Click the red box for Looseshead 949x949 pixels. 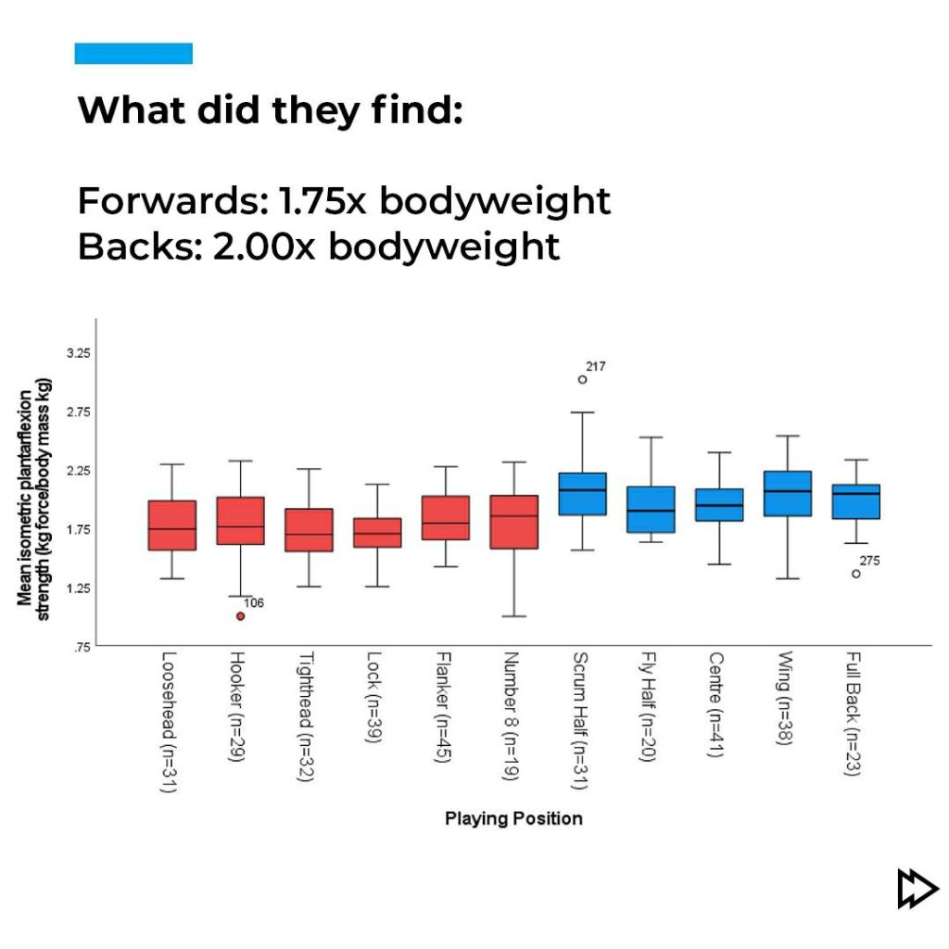(171, 525)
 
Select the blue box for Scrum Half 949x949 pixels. (582, 494)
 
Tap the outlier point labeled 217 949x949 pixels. (582, 379)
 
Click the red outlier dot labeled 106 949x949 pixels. (241, 616)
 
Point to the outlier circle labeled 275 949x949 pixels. (856, 574)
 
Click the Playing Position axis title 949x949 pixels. (513, 818)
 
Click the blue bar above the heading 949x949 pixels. (133, 54)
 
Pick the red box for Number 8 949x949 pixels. (513, 522)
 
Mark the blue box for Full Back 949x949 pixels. (856, 501)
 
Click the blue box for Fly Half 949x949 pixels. (651, 509)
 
